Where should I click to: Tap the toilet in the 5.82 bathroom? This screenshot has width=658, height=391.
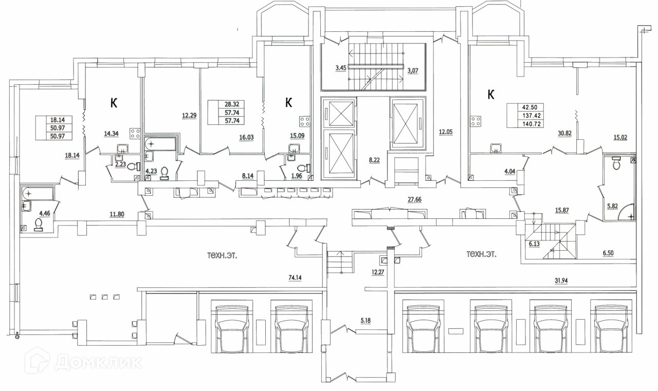616,163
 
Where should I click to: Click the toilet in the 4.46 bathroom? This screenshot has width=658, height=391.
38,224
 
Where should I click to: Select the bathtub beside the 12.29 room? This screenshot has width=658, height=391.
161,143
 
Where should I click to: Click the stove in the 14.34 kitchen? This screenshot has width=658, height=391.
136,134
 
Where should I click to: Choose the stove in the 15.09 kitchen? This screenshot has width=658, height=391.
305,122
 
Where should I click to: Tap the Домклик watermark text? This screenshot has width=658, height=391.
98,363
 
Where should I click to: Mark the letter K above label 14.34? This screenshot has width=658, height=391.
114,103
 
